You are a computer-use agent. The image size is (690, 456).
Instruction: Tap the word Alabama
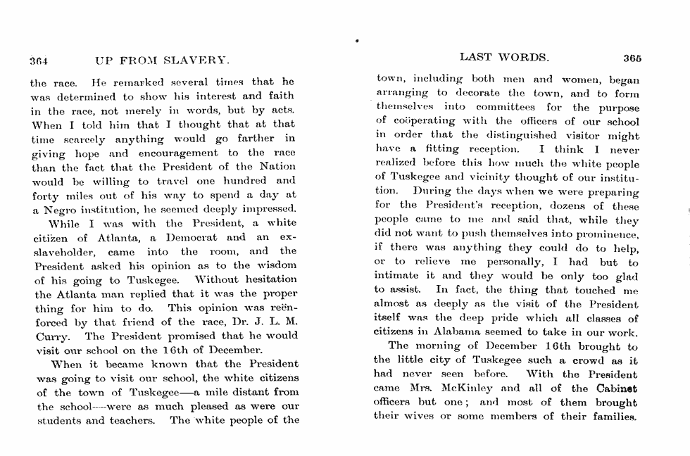(x=466, y=332)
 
